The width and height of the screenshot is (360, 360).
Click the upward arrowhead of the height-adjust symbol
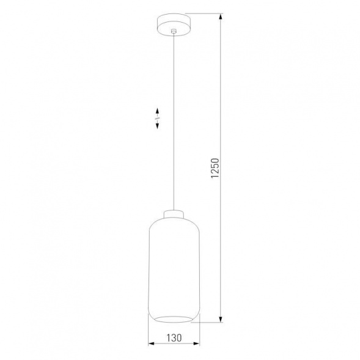tap(157, 111)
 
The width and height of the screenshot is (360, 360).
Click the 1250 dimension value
tap(214, 167)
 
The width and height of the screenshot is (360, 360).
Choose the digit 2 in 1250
tap(214, 171)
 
